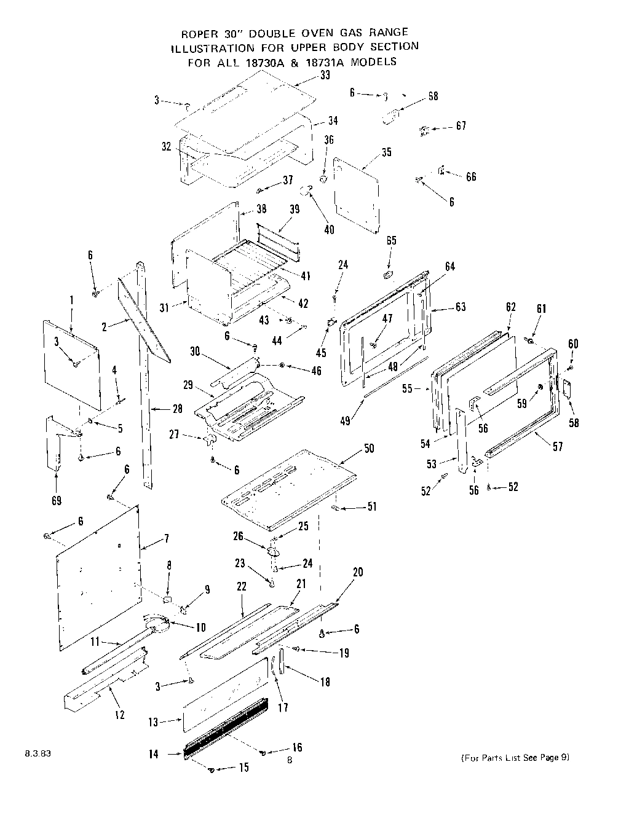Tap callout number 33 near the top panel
tap(325, 75)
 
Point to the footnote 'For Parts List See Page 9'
tap(515, 757)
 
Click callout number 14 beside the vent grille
tap(153, 754)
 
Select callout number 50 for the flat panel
tap(369, 449)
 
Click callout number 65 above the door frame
tap(391, 240)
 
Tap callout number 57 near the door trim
tap(558, 447)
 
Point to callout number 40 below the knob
tap(330, 229)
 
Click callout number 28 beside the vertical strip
tap(178, 409)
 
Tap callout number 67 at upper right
tap(461, 125)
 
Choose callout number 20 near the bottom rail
tap(357, 572)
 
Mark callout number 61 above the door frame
tap(541, 308)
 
